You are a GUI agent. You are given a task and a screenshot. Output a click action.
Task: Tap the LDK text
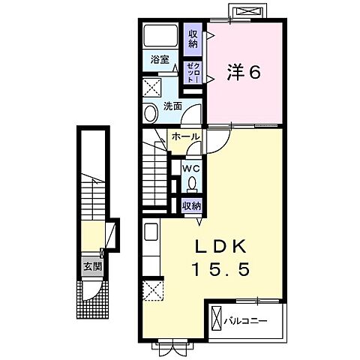221,247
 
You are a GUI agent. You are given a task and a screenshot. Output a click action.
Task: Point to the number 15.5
221,267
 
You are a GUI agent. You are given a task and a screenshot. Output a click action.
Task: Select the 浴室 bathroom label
159,58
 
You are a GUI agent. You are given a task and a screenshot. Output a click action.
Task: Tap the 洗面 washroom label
172,106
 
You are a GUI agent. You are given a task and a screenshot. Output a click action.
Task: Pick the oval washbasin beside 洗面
148,113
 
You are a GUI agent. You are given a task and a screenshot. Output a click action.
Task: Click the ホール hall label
184,137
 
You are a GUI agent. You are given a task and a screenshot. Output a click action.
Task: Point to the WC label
192,168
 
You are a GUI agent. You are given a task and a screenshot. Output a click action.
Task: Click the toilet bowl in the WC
192,184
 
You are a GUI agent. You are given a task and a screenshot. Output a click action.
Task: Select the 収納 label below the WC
191,205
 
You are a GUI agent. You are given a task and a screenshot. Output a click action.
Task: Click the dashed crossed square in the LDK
153,290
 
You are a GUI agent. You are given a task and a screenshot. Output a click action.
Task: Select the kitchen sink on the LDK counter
148,232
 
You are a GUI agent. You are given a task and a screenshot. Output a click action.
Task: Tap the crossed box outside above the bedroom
247,13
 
